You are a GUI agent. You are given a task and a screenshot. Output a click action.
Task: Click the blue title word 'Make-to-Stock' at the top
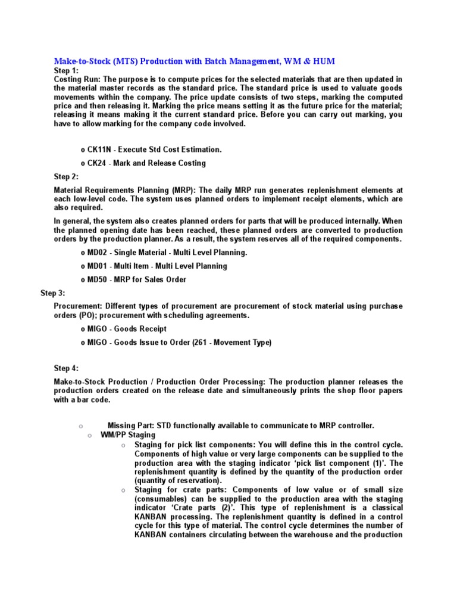click(x=80, y=61)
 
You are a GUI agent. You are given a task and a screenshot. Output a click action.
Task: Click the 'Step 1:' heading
click(x=66, y=70)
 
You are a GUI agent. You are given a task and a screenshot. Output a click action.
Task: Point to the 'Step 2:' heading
click(x=66, y=176)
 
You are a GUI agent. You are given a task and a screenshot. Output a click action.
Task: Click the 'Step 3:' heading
click(x=52, y=293)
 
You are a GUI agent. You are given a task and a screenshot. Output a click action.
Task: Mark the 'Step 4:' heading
click(x=66, y=368)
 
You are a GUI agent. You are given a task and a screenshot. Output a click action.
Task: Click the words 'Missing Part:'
click(x=131, y=425)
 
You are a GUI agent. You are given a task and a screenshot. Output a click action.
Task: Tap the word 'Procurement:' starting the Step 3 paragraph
click(x=77, y=306)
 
